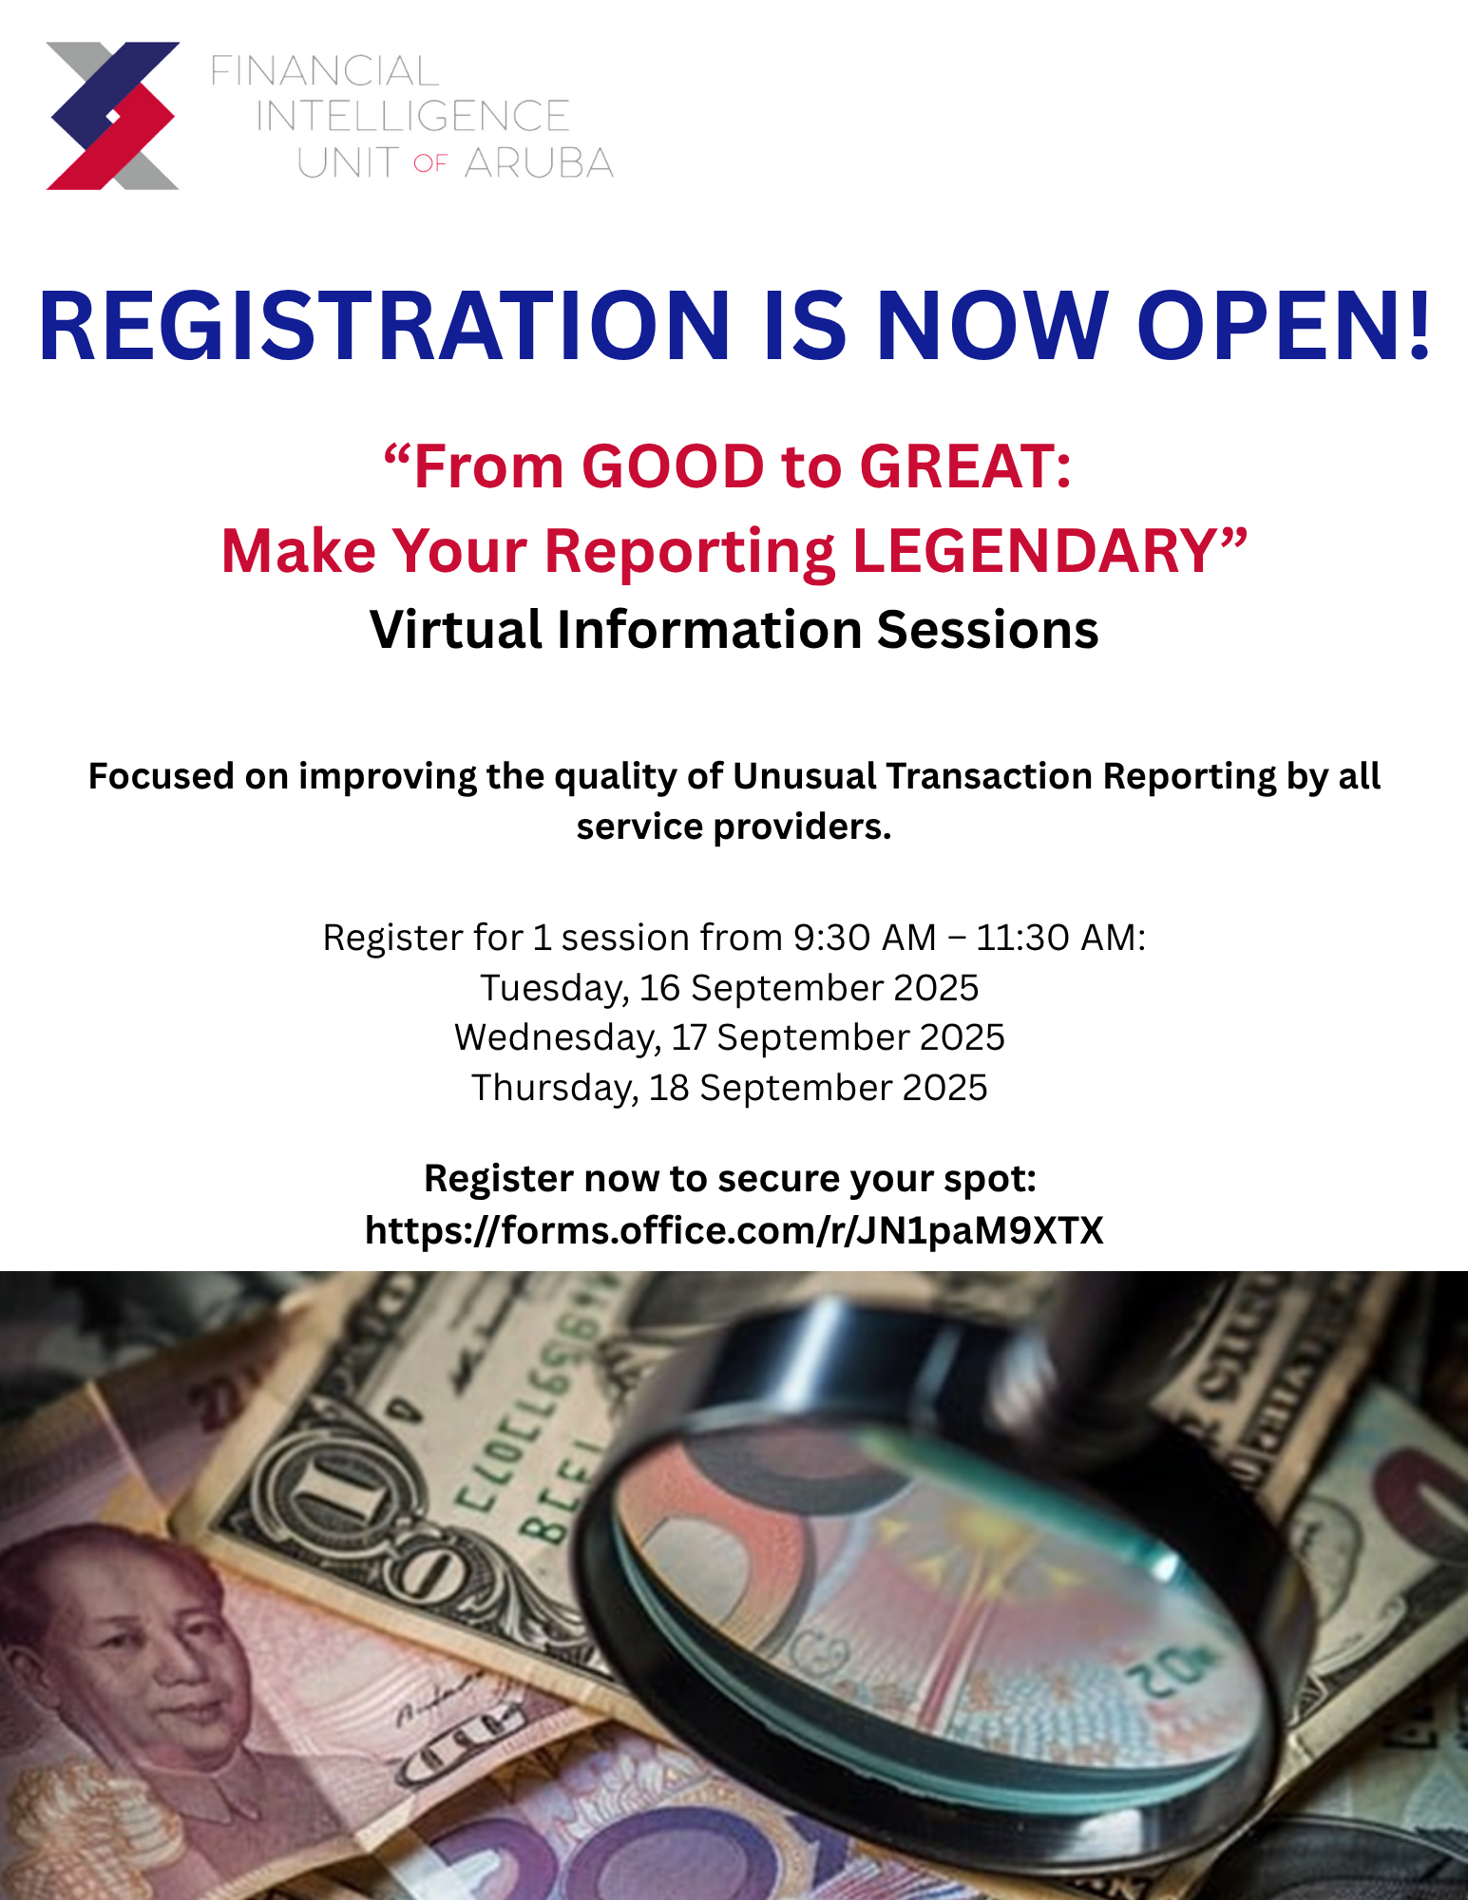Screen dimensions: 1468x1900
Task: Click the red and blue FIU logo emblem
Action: (x=113, y=116)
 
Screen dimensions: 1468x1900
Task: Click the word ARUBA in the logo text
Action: (x=539, y=163)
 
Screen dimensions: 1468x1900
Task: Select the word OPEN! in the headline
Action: (x=1284, y=326)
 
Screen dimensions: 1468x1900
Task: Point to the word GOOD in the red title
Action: (x=673, y=466)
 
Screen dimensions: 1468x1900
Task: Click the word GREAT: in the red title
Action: (x=965, y=466)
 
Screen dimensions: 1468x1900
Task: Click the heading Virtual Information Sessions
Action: (x=734, y=630)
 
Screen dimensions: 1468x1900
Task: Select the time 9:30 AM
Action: (x=865, y=938)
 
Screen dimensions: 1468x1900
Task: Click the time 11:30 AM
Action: (x=1060, y=938)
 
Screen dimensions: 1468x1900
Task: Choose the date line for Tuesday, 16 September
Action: (x=730, y=988)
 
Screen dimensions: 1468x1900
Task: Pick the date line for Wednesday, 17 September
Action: (x=730, y=1037)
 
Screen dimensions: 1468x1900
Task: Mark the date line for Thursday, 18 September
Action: (x=730, y=1088)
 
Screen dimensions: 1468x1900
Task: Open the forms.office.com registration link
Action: (x=734, y=1231)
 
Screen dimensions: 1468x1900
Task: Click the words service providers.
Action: (x=734, y=826)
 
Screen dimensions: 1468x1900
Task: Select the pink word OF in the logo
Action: (x=430, y=164)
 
